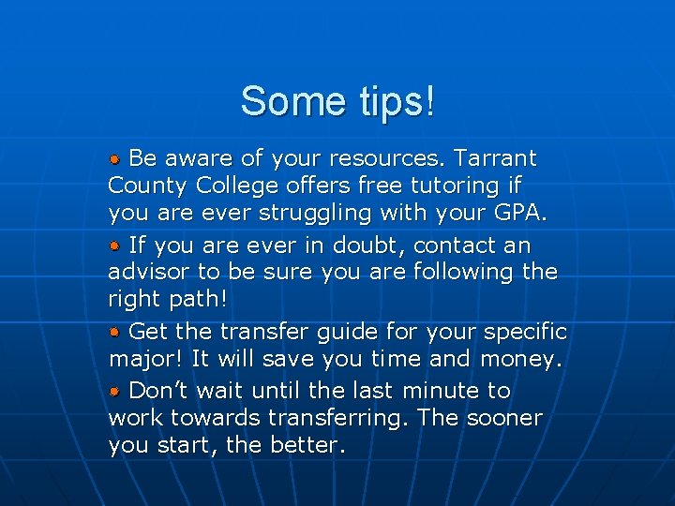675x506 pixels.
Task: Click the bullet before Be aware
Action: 115,157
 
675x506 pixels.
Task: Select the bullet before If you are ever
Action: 115,245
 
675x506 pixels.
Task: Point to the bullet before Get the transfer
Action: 115,332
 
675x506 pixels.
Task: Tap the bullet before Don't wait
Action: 115,390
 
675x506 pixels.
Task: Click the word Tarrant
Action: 496,157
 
